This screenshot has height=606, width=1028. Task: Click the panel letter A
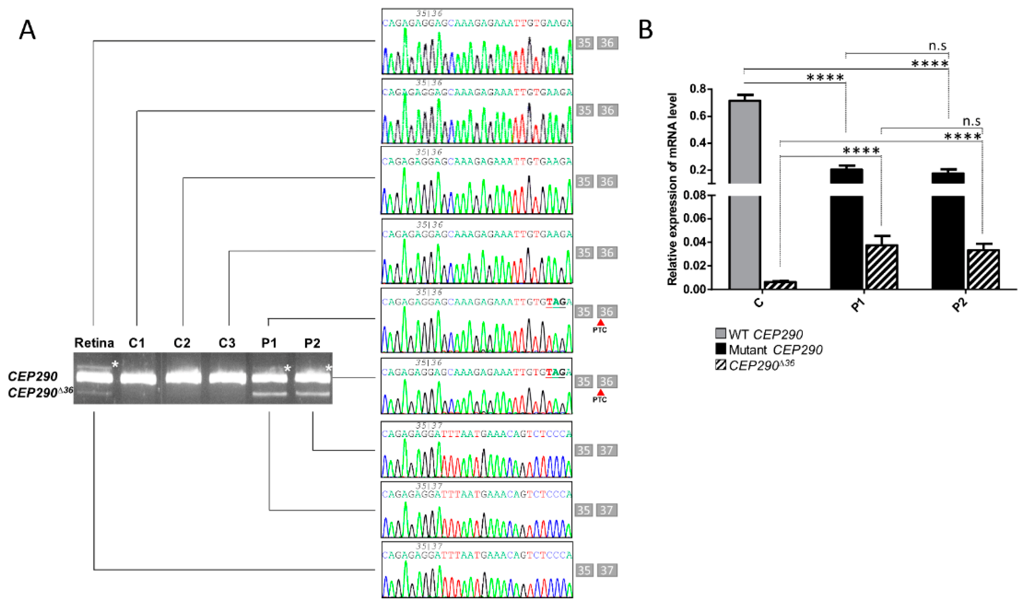pyautogui.click(x=27, y=30)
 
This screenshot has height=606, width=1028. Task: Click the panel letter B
pyautogui.click(x=646, y=30)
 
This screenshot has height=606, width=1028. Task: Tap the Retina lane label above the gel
pyautogui.click(x=94, y=343)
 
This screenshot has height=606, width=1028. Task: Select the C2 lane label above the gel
pyautogui.click(x=182, y=343)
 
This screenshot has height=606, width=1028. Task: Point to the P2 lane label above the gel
pyautogui.click(x=312, y=343)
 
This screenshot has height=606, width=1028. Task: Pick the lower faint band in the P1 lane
pyautogui.click(x=269, y=395)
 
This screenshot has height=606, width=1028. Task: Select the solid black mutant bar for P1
pyautogui.click(x=847, y=229)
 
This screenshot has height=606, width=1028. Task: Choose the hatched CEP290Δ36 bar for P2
pyautogui.click(x=983, y=270)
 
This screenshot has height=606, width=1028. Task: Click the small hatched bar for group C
pyautogui.click(x=780, y=285)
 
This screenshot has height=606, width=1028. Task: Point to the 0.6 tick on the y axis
pyautogui.click(x=709, y=116)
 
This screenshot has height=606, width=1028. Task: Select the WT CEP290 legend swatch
pyautogui.click(x=721, y=334)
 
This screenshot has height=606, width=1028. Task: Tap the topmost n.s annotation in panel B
pyautogui.click(x=937, y=46)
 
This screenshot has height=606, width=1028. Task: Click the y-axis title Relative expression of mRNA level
pyautogui.click(x=672, y=189)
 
